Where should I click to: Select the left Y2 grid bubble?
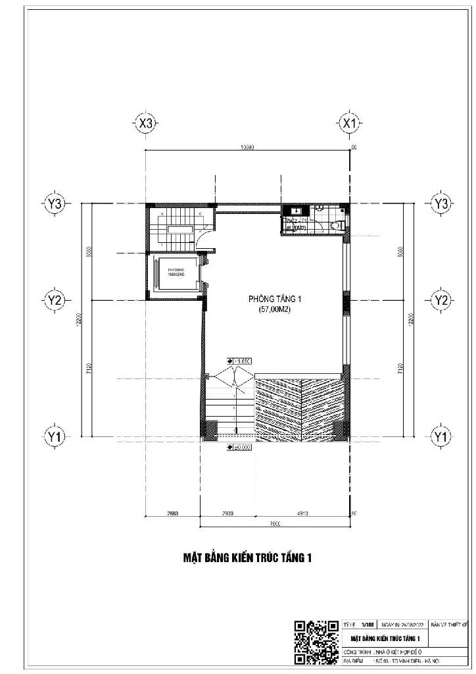55,300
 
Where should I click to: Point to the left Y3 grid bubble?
55,204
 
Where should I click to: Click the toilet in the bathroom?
337,225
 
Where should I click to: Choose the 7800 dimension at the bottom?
274,524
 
